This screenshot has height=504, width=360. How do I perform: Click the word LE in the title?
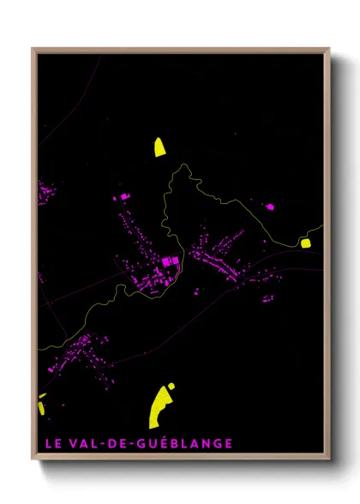pyautogui.click(x=54, y=443)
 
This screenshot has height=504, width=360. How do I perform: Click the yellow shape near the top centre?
pyautogui.click(x=159, y=147)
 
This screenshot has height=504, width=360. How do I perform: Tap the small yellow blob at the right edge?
pyautogui.click(x=306, y=243)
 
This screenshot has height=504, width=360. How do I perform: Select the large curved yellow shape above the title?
pyautogui.click(x=161, y=405)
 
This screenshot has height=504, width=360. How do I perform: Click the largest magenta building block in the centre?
pyautogui.click(x=170, y=261)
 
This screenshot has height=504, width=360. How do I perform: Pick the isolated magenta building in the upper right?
pyautogui.click(x=270, y=207)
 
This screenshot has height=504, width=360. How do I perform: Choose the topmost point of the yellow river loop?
pyautogui.click(x=183, y=165)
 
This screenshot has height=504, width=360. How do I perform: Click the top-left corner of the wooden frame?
pyautogui.click(x=33, y=49)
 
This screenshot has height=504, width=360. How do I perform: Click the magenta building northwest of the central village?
pyautogui.click(x=123, y=198)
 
